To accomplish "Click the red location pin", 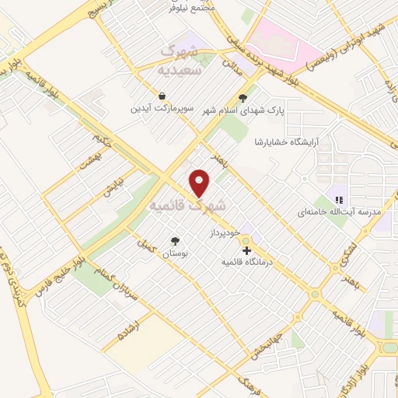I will [201, 183].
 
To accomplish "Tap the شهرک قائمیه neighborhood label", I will [187, 207].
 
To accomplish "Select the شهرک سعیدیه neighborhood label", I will [178, 60].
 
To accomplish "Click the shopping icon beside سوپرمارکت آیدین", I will [161, 96].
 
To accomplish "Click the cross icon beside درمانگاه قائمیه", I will [246, 250].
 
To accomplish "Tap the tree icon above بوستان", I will [175, 241].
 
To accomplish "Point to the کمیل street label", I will [144, 243].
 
